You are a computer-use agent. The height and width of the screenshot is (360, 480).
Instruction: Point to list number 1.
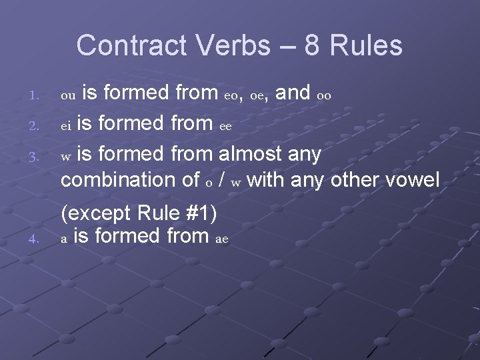tap(35, 97)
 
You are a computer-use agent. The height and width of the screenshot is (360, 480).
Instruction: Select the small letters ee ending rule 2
tap(226, 127)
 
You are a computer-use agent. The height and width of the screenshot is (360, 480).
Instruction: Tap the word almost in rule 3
tap(253, 155)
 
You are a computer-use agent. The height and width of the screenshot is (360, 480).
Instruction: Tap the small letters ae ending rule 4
tap(221, 238)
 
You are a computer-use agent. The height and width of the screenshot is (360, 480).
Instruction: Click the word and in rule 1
tap(291, 94)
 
